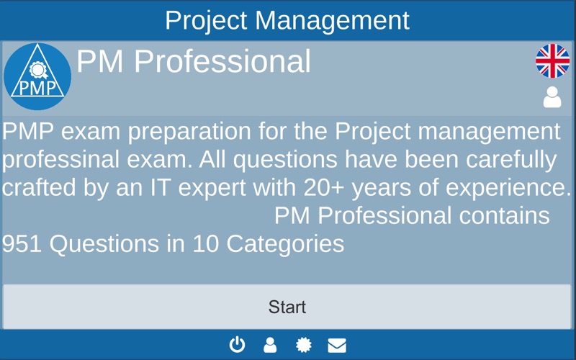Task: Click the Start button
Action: pyautogui.click(x=287, y=307)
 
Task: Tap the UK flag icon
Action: pyautogui.click(x=552, y=61)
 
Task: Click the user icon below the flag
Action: pyautogui.click(x=552, y=97)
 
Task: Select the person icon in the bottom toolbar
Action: pyautogui.click(x=270, y=345)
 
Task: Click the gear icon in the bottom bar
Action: pyautogui.click(x=304, y=345)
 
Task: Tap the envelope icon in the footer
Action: pyautogui.click(x=337, y=346)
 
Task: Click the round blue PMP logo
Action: pyautogui.click(x=37, y=76)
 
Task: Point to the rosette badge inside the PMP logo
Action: pyautogui.click(x=38, y=70)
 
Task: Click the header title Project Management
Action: pyautogui.click(x=287, y=20)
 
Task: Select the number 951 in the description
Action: pyautogui.click(x=22, y=243)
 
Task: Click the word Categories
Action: pyautogui.click(x=285, y=244)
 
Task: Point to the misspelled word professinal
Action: pyautogui.click(x=60, y=160)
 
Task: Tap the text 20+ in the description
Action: pyautogui.click(x=324, y=188)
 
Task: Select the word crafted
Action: pyautogui.click(x=39, y=187)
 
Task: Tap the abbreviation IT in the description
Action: pyautogui.click(x=160, y=188)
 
